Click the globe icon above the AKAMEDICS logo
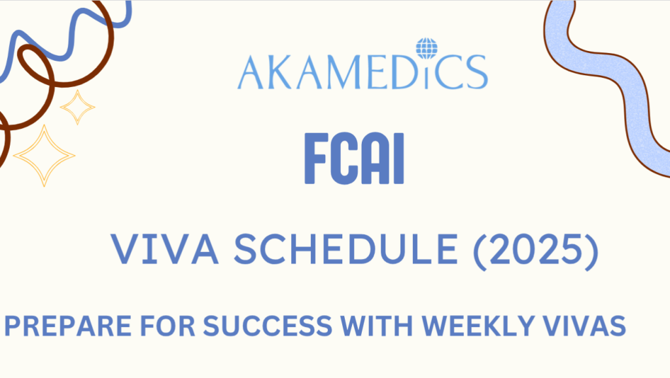427,48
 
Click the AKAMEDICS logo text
362,72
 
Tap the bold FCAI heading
354,159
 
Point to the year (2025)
536,251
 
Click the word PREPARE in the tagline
68,326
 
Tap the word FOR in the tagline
167,326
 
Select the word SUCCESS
268,326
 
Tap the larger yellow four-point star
44,156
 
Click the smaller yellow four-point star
77,107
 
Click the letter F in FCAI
316,159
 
